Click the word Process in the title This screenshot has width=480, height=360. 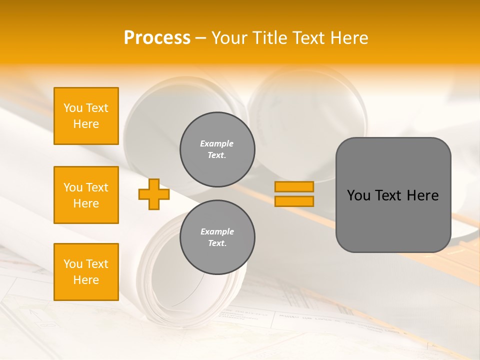click(x=157, y=38)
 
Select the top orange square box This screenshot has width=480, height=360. click(x=86, y=116)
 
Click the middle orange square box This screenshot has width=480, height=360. click(x=86, y=195)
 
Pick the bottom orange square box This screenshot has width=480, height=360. click(x=86, y=272)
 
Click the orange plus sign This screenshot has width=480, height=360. click(x=153, y=194)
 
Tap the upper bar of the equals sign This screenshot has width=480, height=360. click(x=294, y=186)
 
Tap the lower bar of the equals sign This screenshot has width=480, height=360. click(x=294, y=201)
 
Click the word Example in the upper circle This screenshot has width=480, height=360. click(x=217, y=143)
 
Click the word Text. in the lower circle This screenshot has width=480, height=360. click(x=217, y=243)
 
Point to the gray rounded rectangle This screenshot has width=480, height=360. click(x=393, y=220)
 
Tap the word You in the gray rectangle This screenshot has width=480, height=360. click(x=358, y=195)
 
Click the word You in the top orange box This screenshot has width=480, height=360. click(x=73, y=108)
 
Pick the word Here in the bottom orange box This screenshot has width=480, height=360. click(x=86, y=280)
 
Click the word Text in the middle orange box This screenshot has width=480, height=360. click(x=96, y=187)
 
